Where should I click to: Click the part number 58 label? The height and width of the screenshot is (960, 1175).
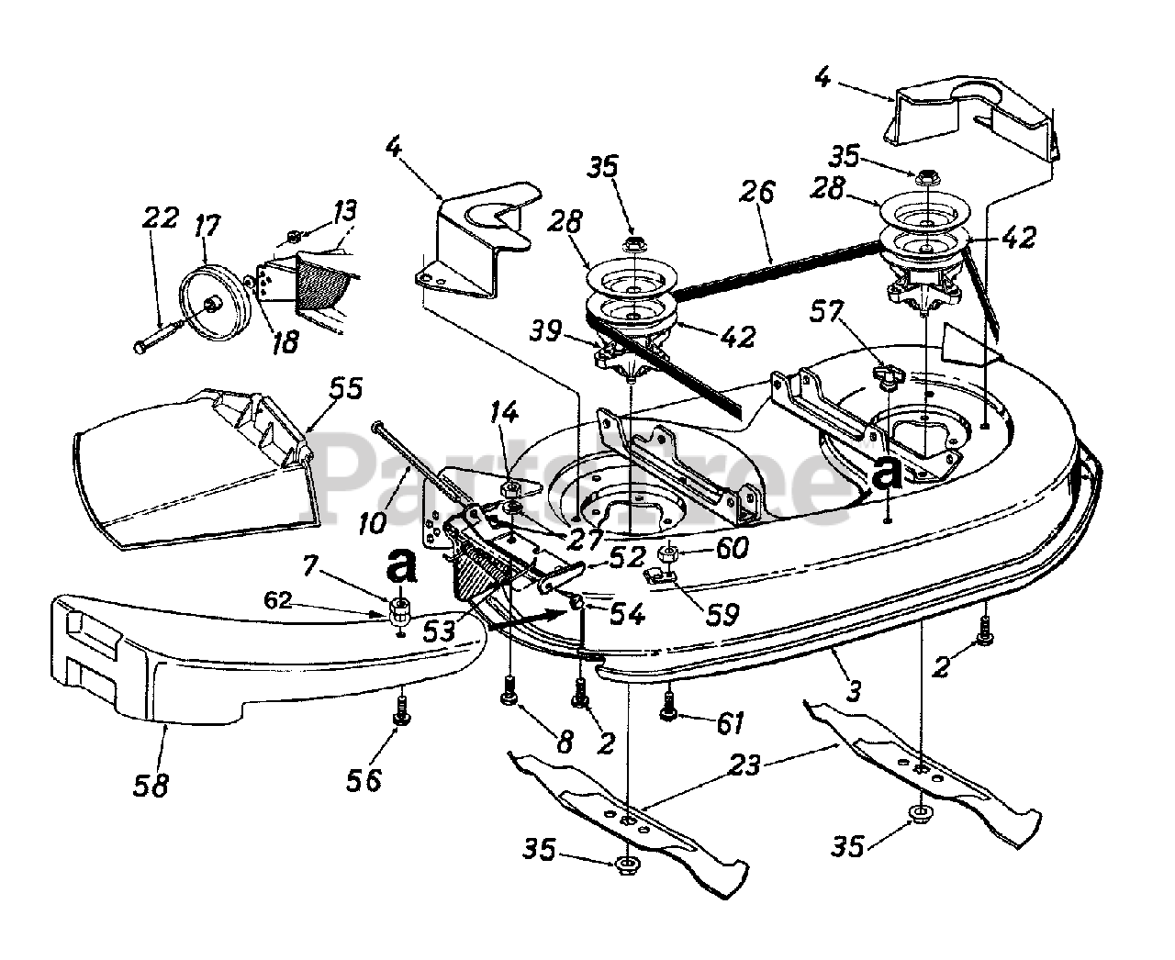151,785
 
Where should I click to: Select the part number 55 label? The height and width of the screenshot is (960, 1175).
345,388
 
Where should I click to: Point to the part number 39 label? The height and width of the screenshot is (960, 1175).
545,331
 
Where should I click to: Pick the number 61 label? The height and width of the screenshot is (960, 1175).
729,723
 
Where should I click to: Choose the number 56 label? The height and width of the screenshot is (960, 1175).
364,780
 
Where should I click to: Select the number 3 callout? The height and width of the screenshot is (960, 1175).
853,691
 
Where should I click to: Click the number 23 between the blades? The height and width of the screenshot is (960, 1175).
744,765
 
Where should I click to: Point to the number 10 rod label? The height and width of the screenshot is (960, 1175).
372,523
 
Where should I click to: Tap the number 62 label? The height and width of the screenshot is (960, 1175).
277,600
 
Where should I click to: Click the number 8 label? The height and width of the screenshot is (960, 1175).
565,741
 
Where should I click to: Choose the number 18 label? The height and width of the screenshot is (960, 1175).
286,341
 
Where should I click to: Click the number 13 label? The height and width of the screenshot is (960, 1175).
346,212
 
